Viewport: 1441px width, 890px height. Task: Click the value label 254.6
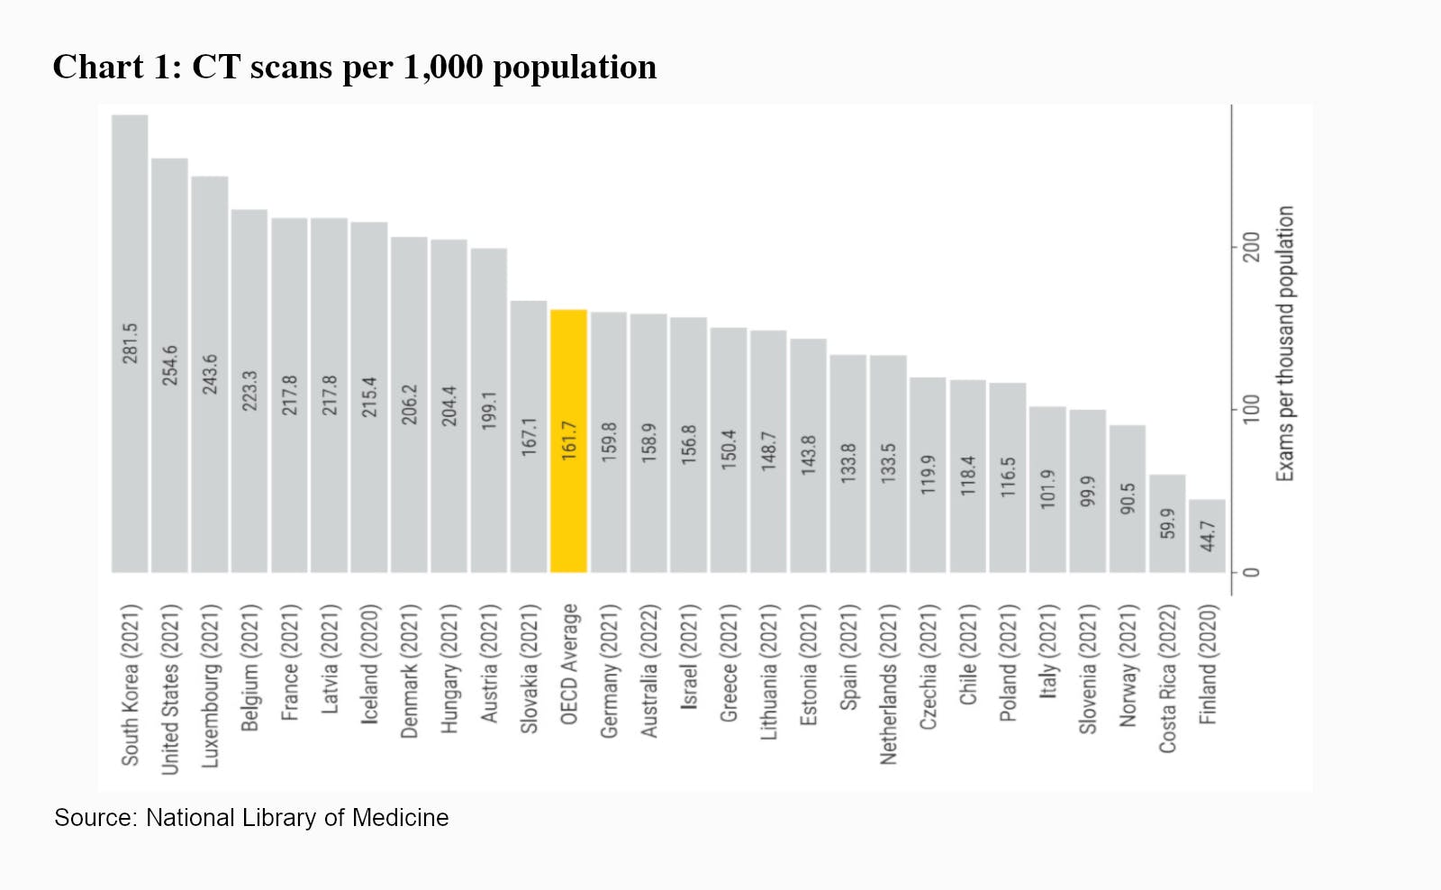(x=170, y=365)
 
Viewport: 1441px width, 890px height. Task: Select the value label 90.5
(x=1128, y=498)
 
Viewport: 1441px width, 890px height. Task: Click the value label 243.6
(x=210, y=374)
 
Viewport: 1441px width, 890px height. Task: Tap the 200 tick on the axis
(x=1252, y=247)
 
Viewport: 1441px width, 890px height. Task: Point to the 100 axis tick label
(x=1252, y=409)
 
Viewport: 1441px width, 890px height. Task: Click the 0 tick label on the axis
(x=1252, y=572)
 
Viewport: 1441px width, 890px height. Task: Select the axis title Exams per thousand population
(x=1285, y=343)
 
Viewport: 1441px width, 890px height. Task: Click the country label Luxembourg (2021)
(x=210, y=686)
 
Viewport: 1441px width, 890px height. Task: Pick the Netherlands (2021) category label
(x=889, y=685)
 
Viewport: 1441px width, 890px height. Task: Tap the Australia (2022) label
(x=648, y=671)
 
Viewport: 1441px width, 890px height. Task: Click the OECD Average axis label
(x=569, y=664)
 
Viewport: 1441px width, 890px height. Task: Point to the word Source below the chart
(x=94, y=818)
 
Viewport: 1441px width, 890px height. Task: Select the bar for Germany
(x=609, y=441)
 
